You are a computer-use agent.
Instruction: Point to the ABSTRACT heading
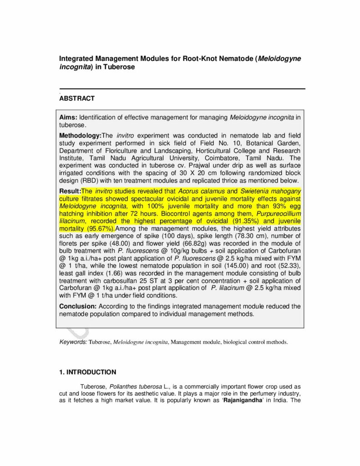click(x=77, y=98)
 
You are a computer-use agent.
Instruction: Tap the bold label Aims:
click(x=69, y=118)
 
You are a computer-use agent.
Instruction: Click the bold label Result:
click(x=70, y=191)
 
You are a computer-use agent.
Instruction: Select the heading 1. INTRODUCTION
click(x=87, y=372)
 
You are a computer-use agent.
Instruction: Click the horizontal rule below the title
click(x=182, y=89)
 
